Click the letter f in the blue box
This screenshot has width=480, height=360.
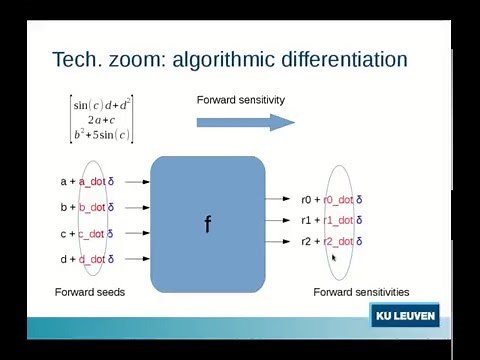(207, 224)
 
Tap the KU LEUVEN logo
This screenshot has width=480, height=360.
(403, 317)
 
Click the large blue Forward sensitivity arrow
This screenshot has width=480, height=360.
(245, 122)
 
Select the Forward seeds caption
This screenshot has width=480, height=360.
(89, 292)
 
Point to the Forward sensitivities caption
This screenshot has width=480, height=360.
(361, 292)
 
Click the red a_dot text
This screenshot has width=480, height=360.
(92, 182)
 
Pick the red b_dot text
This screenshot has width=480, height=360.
(92, 208)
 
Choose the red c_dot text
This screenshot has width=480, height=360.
(92, 234)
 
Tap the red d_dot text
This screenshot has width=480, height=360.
(92, 260)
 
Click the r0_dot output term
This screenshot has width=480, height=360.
(338, 200)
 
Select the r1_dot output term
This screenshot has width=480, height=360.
(338, 220)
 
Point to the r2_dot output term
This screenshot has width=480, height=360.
(338, 241)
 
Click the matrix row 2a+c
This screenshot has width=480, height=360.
(103, 119)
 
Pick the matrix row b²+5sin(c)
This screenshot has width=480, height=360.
(103, 134)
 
